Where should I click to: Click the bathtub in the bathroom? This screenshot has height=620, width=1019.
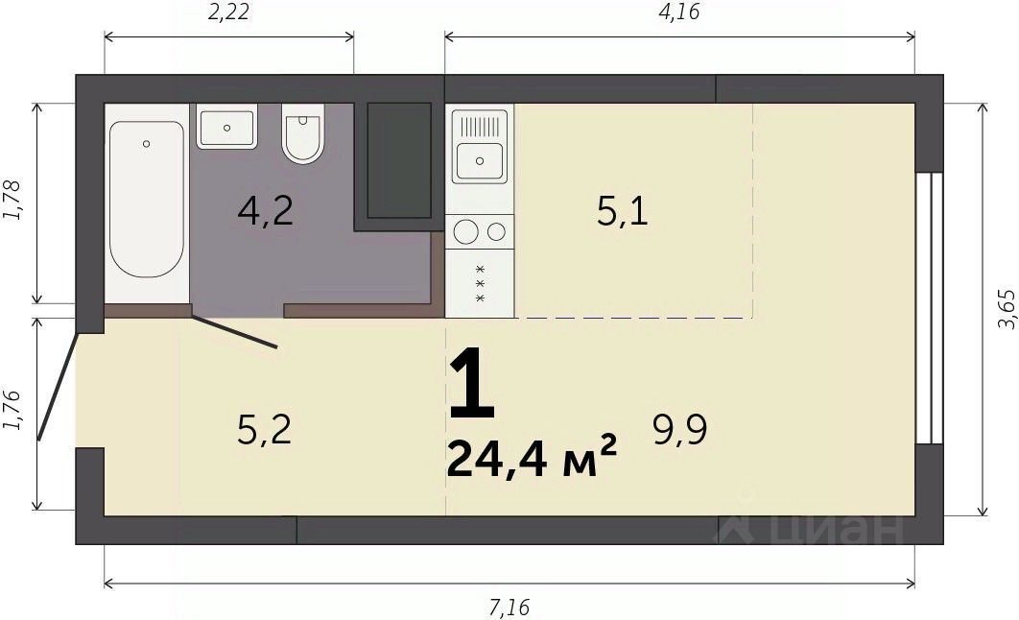[x=146, y=200]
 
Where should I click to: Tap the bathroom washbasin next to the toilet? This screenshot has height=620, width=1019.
[x=226, y=128]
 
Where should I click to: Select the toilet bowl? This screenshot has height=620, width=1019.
[x=303, y=133]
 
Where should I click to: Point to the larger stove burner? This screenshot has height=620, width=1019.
[x=466, y=231]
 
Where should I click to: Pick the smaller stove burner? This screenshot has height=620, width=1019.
[x=496, y=231]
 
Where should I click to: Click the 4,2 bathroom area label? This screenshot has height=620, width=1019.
[x=265, y=210]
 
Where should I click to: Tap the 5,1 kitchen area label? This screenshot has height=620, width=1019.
[x=623, y=211]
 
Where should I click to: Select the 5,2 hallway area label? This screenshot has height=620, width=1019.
[x=264, y=429]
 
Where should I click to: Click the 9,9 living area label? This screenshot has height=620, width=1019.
[x=679, y=429]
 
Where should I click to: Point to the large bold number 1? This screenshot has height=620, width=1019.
[x=472, y=383]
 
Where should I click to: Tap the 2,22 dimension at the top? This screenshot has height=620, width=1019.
[x=228, y=12]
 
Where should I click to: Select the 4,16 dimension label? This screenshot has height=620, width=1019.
[x=679, y=12]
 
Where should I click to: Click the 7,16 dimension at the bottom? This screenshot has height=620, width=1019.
[x=509, y=608]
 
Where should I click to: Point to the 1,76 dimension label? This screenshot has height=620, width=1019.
[x=12, y=410]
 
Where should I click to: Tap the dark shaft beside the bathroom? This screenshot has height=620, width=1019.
[x=399, y=160]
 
